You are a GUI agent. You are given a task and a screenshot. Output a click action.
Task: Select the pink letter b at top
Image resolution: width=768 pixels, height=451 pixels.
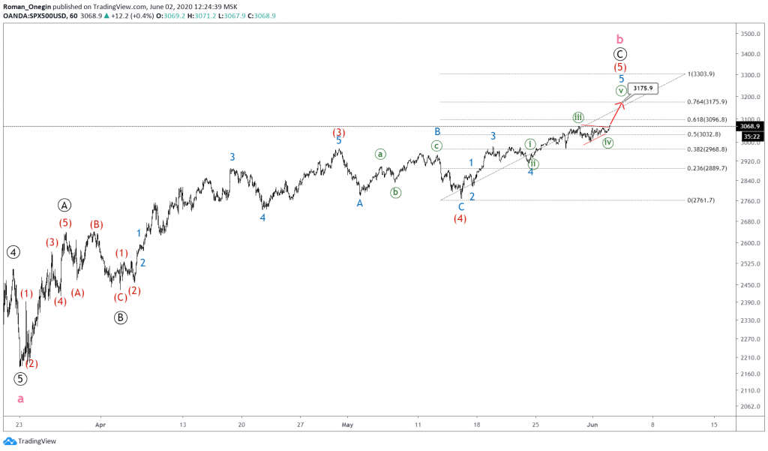point(619,38)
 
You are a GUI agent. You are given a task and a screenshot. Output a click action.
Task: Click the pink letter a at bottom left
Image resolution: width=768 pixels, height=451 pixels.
point(20,399)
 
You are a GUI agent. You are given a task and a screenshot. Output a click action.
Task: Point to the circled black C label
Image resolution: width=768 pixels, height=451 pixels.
point(620,54)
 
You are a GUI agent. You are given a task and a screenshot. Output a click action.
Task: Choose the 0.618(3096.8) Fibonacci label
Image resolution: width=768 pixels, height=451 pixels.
point(707,119)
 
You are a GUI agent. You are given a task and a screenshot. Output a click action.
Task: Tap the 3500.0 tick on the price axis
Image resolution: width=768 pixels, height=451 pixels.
point(749,34)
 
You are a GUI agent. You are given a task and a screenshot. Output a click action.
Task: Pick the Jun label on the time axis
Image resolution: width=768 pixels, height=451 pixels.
point(592,424)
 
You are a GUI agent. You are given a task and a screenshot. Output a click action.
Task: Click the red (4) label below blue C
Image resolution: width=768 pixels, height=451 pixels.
point(460,218)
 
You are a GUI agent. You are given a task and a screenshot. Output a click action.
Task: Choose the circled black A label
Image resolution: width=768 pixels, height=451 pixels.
point(64,205)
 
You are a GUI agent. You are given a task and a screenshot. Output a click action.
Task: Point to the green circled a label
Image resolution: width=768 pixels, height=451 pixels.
point(380,154)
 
